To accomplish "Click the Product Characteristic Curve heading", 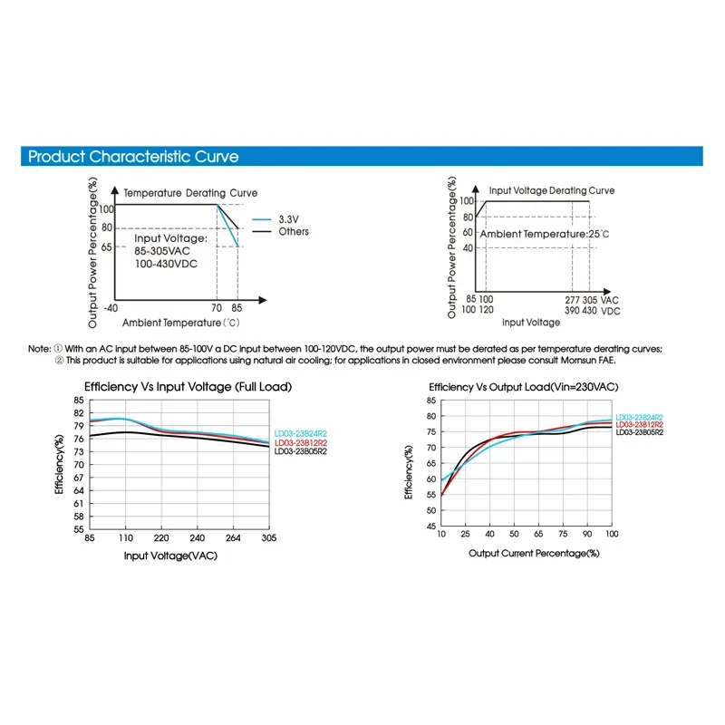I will point(133,157).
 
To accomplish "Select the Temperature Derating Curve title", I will point(190,193).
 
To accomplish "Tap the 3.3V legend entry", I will point(288,219).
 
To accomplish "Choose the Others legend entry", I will point(293,232).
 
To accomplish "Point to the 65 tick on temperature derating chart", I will point(107,246).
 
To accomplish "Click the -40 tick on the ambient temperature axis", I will point(111,307).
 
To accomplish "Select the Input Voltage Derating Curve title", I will point(552,191).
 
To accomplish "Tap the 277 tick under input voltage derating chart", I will point(571,299).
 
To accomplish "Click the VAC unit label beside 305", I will point(611,299).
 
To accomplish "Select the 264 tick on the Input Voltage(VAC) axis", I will point(233,537).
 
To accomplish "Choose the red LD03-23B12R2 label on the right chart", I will point(639,424).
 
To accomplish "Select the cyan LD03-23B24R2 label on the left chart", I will point(301,434).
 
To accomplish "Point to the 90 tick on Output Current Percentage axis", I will point(587,535).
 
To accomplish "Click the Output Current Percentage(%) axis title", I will point(535,552).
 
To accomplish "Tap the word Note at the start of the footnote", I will point(39,348).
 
